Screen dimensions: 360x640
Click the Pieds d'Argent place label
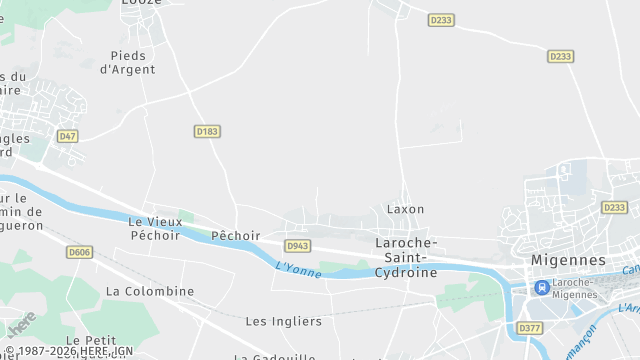click(128, 62)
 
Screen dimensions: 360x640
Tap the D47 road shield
click(68, 135)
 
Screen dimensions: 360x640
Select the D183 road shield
click(206, 131)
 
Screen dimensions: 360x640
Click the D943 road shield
click(297, 245)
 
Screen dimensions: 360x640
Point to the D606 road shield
click(80, 252)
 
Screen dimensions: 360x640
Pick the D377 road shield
click(529, 327)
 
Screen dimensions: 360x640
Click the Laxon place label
click(405, 209)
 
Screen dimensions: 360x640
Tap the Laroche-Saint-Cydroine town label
click(405, 257)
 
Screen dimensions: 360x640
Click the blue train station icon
click(541, 287)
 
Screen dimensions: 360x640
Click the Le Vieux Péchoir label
click(155, 228)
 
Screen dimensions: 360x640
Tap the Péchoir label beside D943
click(236, 236)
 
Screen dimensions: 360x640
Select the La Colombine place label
click(150, 291)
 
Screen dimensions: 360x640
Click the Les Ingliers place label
click(284, 321)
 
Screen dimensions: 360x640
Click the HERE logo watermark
click(21, 323)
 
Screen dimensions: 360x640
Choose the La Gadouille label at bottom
click(275, 356)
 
